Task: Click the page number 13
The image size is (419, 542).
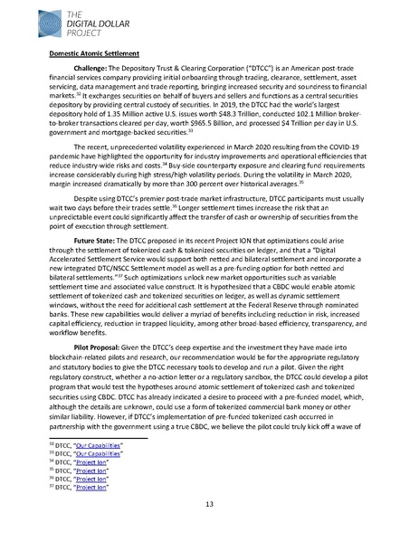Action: (209, 504)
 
